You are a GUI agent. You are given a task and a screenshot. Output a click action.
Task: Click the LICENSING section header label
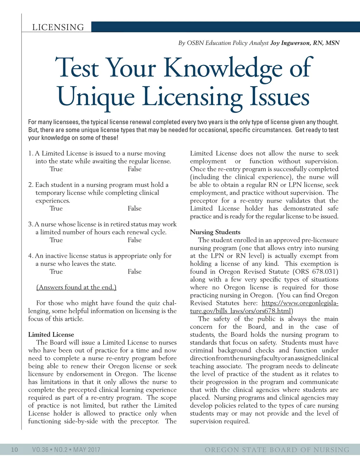click(x=58, y=27)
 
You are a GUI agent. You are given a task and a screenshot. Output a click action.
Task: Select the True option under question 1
click(x=56, y=169)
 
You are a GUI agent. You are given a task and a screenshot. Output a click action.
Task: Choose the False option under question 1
click(x=135, y=169)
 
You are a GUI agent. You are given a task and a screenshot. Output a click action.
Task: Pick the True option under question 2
click(x=56, y=208)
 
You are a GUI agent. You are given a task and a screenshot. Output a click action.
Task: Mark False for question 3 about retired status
click(x=135, y=240)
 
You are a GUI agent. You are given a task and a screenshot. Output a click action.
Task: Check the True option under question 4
click(x=56, y=272)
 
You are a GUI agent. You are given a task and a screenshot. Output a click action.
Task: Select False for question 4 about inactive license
click(x=135, y=272)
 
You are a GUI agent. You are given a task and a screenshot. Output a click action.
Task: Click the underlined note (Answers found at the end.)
click(x=76, y=287)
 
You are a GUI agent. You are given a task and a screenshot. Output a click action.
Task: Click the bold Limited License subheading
click(x=51, y=335)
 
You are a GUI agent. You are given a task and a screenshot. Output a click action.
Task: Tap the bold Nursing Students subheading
click(x=215, y=232)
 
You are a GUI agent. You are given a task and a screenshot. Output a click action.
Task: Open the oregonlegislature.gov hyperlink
click(x=300, y=303)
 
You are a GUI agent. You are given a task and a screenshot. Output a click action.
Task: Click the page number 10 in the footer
click(x=14, y=450)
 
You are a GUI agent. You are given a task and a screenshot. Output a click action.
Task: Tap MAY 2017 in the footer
click(x=87, y=450)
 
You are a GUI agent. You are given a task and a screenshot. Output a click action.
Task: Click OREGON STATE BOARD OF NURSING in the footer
click(x=277, y=450)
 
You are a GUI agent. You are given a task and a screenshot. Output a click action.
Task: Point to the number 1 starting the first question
click(x=30, y=153)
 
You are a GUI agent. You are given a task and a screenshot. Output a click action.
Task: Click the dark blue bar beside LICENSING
click(x=225, y=27)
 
